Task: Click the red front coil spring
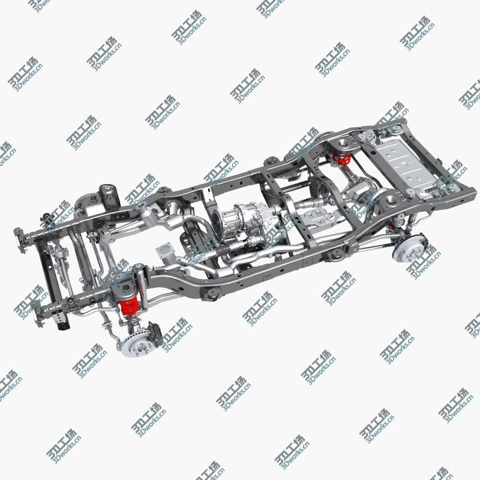coord(128,308)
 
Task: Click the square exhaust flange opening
coord(163,250)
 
